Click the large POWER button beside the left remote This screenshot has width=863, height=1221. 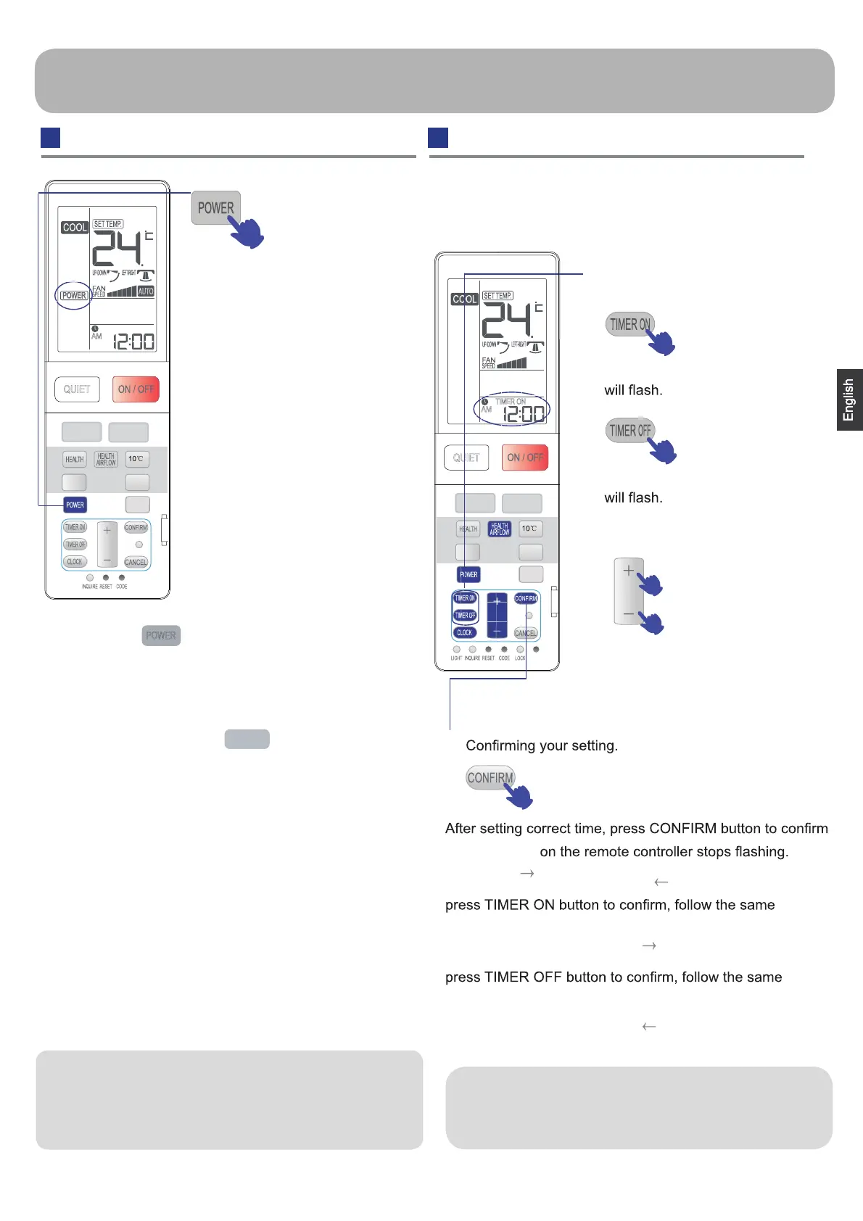pos(215,208)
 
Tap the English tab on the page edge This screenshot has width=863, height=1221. pos(848,400)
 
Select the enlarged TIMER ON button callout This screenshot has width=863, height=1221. pos(629,324)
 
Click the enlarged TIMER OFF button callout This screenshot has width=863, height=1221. pos(629,431)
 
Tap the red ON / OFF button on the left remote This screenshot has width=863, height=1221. pos(136,389)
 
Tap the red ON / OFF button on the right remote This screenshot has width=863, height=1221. pos(524,458)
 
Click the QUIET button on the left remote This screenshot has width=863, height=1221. pos(77,389)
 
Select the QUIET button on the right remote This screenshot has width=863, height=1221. pos(466,458)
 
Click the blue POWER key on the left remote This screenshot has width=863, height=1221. pos(75,505)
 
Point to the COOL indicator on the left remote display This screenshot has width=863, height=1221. pos(75,228)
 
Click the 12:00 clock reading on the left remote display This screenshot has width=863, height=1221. pos(133,342)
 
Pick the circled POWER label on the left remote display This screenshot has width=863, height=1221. pos(74,295)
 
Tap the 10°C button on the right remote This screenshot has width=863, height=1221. pos(530,529)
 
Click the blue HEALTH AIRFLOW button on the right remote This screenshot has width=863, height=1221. pos(500,529)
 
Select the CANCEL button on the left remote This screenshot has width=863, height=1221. pos(136,562)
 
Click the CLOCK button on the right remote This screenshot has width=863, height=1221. pos(465,632)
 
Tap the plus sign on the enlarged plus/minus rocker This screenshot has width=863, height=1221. pos(628,571)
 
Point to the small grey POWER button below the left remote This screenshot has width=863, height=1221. pos(161,635)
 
